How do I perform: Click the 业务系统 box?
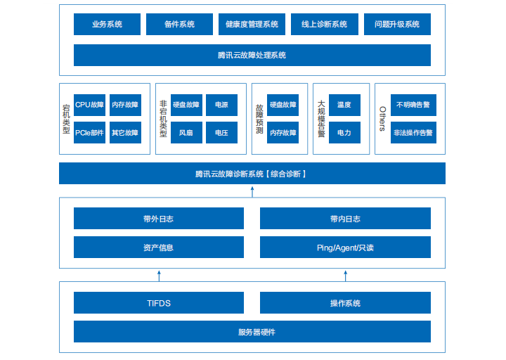pyautogui.click(x=107, y=24)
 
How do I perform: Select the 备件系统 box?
pyautogui.click(x=179, y=24)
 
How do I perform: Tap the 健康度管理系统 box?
pyautogui.click(x=252, y=24)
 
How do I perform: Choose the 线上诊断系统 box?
pyautogui.click(x=324, y=24)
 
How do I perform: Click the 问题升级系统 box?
pyautogui.click(x=397, y=24)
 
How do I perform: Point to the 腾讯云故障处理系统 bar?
pyautogui.click(x=252, y=55)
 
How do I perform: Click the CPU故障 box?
pyautogui.click(x=89, y=105)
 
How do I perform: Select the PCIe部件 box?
pyautogui.click(x=89, y=132)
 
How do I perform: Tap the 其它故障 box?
pyautogui.click(x=125, y=132)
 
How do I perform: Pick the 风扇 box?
pyautogui.click(x=186, y=132)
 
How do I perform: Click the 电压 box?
pyautogui.click(x=221, y=132)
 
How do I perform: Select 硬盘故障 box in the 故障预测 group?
pyautogui.click(x=283, y=105)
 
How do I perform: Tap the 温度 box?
pyautogui.click(x=344, y=105)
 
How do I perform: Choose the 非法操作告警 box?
pyautogui.click(x=413, y=132)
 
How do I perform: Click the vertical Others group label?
pyautogui.click(x=382, y=119)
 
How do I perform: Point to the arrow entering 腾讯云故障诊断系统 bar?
pyautogui.click(x=252, y=191)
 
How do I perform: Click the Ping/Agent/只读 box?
pyautogui.click(x=345, y=247)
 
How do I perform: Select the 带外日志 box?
pyautogui.click(x=159, y=219)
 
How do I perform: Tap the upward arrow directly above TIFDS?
pyautogui.click(x=159, y=275)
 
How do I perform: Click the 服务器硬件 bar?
pyautogui.click(x=252, y=331)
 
